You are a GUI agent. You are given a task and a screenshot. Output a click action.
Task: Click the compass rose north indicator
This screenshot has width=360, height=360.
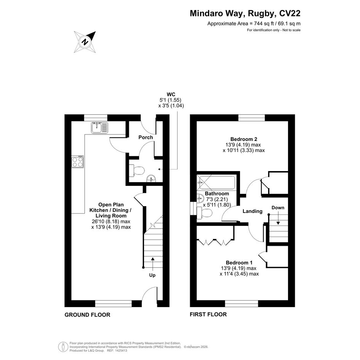(x=85, y=42)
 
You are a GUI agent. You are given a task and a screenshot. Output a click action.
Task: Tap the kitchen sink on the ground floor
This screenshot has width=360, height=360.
(x=99, y=128)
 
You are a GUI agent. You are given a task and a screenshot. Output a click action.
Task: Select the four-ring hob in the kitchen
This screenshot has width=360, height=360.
(x=77, y=162)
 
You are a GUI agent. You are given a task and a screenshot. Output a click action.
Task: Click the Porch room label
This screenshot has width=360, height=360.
(x=146, y=137)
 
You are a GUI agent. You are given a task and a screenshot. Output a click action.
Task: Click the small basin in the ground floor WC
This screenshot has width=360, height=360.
(x=151, y=178)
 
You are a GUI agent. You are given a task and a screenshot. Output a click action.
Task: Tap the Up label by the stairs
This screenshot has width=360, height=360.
(x=152, y=275)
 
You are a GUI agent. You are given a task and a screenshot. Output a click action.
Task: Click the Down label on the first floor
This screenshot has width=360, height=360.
(x=278, y=208)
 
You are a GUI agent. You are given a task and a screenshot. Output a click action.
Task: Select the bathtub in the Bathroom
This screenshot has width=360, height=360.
(x=216, y=182)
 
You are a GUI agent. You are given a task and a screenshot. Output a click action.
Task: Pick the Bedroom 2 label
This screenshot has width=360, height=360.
(x=243, y=139)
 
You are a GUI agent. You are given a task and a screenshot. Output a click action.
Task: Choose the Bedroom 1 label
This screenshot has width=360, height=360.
(x=239, y=262)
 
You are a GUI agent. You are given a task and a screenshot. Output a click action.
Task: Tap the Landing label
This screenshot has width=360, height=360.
(x=253, y=211)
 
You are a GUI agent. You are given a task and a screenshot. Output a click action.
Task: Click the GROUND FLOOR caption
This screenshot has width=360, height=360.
(x=87, y=315)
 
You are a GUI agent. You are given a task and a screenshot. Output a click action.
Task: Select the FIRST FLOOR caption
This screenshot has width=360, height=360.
(x=208, y=314)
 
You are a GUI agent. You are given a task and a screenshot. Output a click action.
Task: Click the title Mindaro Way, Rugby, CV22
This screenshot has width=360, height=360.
(x=245, y=14)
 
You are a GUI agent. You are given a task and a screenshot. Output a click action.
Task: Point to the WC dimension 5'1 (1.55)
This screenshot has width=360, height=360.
(x=171, y=100)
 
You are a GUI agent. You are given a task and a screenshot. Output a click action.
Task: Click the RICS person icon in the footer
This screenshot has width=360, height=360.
(x=63, y=347)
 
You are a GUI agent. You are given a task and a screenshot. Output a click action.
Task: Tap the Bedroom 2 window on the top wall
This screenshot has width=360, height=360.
(x=252, y=118)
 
